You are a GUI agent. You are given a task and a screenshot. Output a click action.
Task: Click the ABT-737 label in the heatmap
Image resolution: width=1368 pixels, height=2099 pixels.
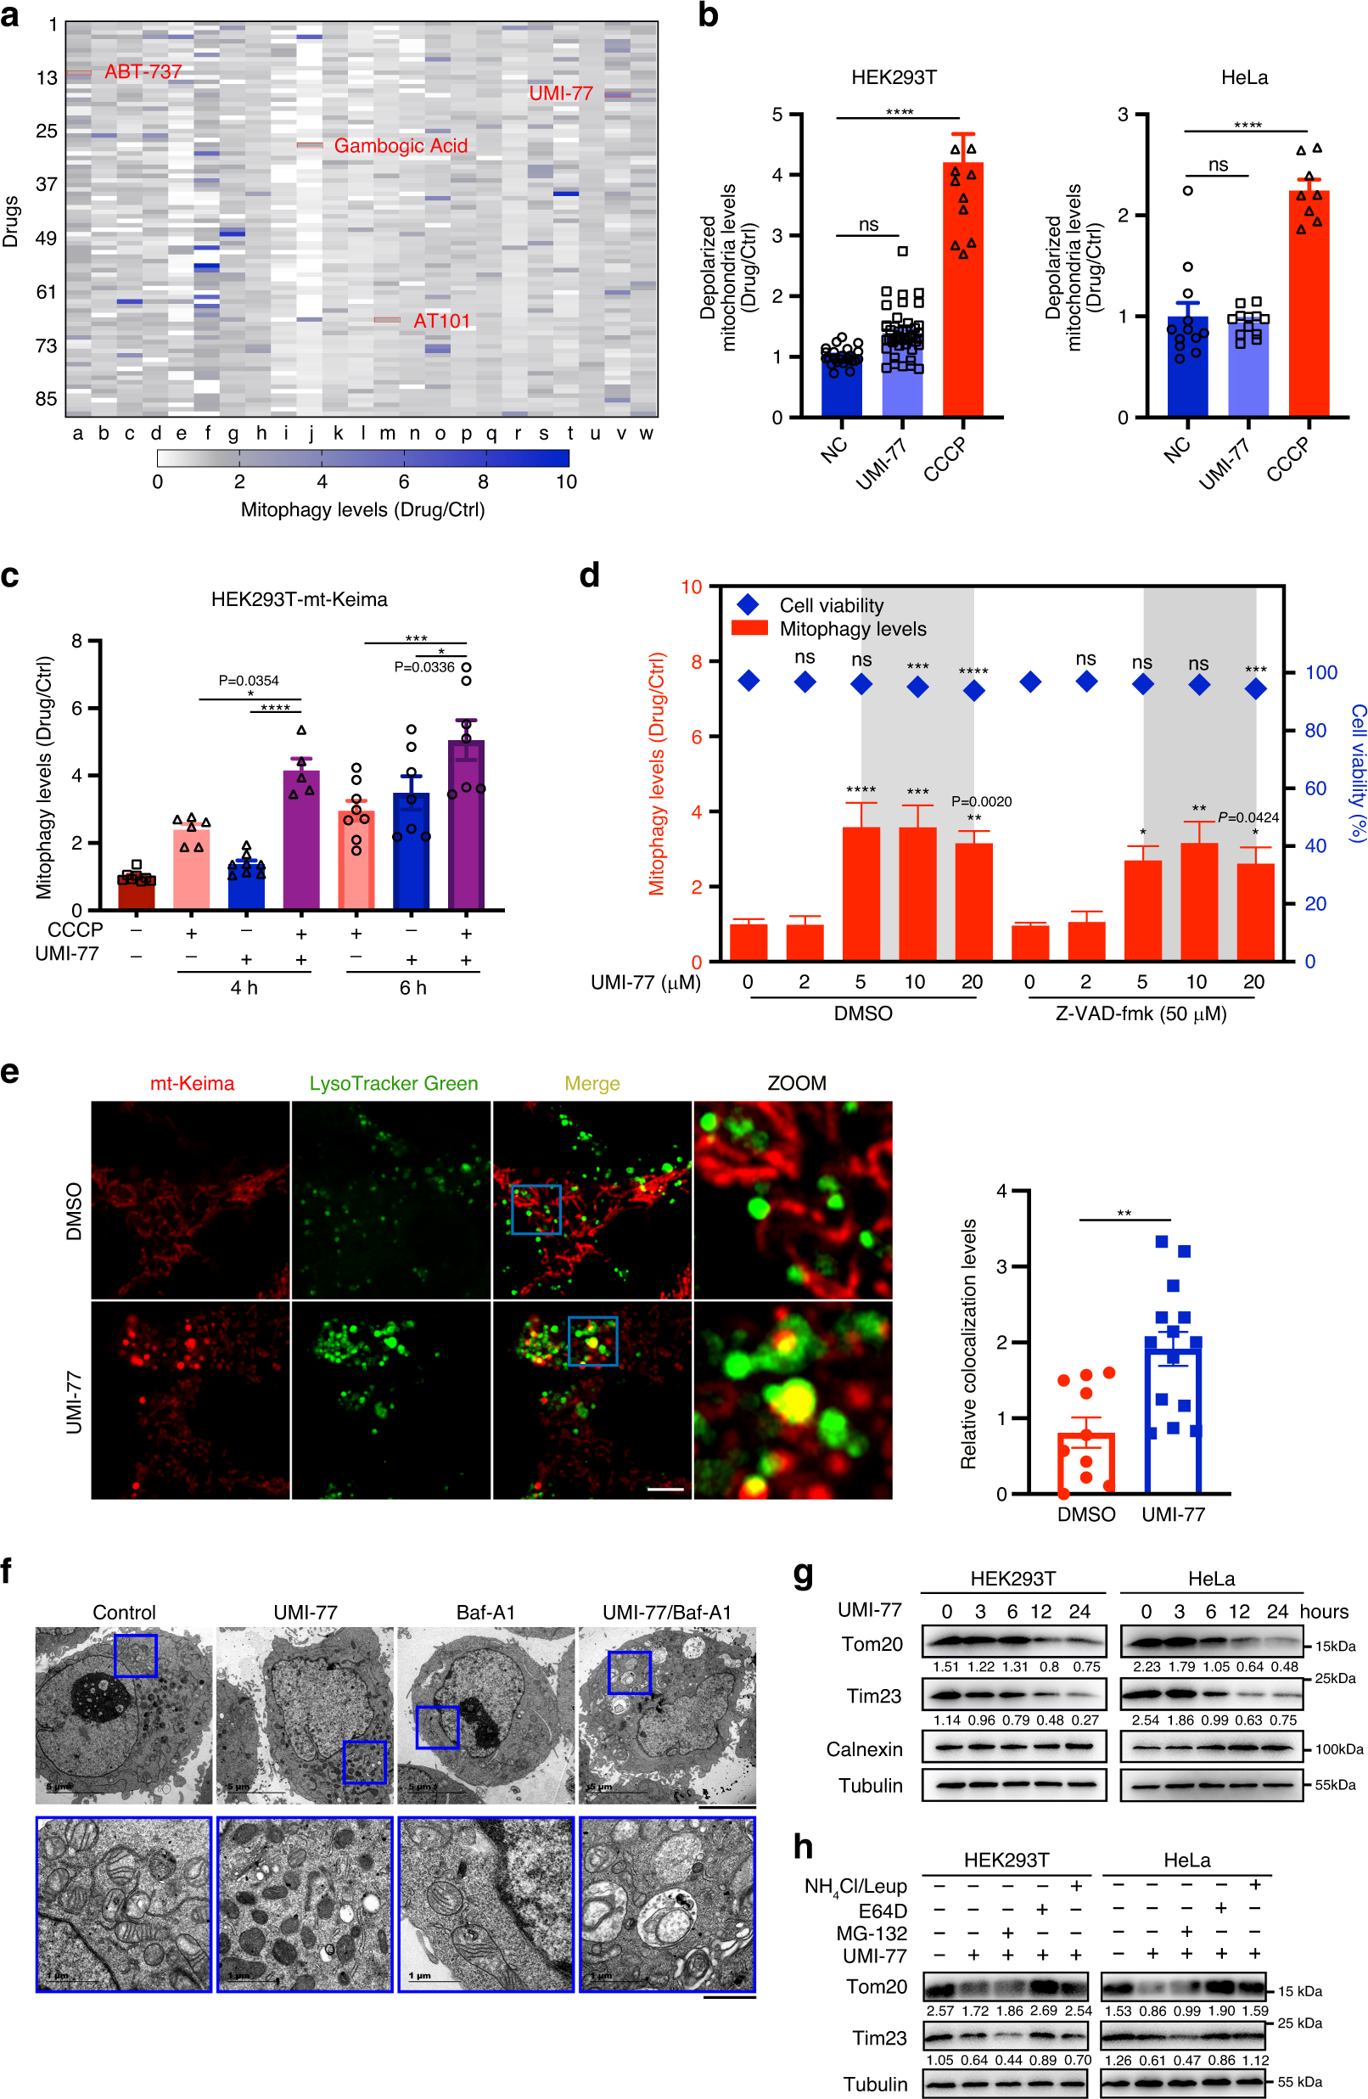click(143, 71)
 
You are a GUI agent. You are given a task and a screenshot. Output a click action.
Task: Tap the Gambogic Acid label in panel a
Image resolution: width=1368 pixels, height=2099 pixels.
click(401, 145)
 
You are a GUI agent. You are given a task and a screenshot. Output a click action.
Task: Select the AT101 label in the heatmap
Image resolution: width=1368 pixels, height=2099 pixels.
click(442, 321)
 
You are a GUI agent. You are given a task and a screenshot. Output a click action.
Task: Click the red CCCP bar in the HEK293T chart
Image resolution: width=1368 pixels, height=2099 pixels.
click(962, 291)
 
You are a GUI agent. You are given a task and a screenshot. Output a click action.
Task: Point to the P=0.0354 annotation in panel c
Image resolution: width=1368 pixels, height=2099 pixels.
click(249, 680)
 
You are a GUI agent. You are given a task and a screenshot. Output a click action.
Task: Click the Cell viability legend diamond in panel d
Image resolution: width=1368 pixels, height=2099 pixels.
click(748, 604)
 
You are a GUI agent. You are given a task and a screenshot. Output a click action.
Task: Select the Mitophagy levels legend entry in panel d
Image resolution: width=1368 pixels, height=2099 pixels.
click(829, 629)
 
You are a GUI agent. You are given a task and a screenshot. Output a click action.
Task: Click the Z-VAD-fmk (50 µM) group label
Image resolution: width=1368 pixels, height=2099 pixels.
click(1141, 1013)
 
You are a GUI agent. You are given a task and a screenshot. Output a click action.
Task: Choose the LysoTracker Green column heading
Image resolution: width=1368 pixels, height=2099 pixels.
click(394, 1083)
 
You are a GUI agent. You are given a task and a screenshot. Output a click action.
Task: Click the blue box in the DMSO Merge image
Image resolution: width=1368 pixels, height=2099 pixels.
click(536, 1209)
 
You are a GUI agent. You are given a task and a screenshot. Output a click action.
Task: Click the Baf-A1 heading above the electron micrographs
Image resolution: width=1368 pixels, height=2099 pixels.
click(485, 1612)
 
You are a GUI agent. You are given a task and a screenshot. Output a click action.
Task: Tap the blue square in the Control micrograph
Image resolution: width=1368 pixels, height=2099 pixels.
click(136, 1655)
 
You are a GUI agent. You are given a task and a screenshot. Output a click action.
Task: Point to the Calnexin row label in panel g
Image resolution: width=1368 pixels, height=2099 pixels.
click(865, 1748)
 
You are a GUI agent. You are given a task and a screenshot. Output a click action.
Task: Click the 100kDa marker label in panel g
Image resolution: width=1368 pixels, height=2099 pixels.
click(1339, 1748)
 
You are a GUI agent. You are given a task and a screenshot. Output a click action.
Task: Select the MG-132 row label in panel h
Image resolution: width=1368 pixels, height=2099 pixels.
click(872, 1933)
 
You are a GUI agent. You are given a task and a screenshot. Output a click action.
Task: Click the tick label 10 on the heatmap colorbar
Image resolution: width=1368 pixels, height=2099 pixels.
click(566, 481)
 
